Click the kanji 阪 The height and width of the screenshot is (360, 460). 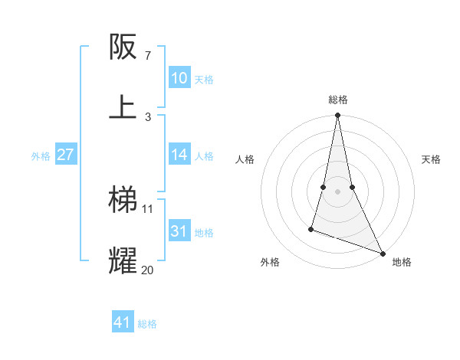click(123, 47)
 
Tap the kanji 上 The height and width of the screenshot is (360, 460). click(123, 106)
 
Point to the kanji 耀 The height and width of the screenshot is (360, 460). click(123, 260)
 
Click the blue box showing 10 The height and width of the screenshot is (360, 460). click(179, 78)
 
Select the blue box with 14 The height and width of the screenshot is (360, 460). click(179, 155)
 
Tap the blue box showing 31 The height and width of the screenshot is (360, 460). click(179, 231)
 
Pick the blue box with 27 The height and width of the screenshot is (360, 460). click(65, 155)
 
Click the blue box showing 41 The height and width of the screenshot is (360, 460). click(123, 322)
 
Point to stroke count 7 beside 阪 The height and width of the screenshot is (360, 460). click(148, 55)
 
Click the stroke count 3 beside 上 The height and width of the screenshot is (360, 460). click(148, 116)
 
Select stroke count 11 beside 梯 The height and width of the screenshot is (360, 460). click(148, 208)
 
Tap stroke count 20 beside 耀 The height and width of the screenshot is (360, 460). click(148, 270)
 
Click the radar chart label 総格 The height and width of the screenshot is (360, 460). click(338, 100)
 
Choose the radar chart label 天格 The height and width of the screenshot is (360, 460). click(431, 159)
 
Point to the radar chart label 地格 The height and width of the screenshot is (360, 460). click(402, 262)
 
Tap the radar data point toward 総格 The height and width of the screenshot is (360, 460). click(337, 116)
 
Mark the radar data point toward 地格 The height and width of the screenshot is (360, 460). click(382, 252)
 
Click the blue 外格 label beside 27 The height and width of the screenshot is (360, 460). click(41, 155)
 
